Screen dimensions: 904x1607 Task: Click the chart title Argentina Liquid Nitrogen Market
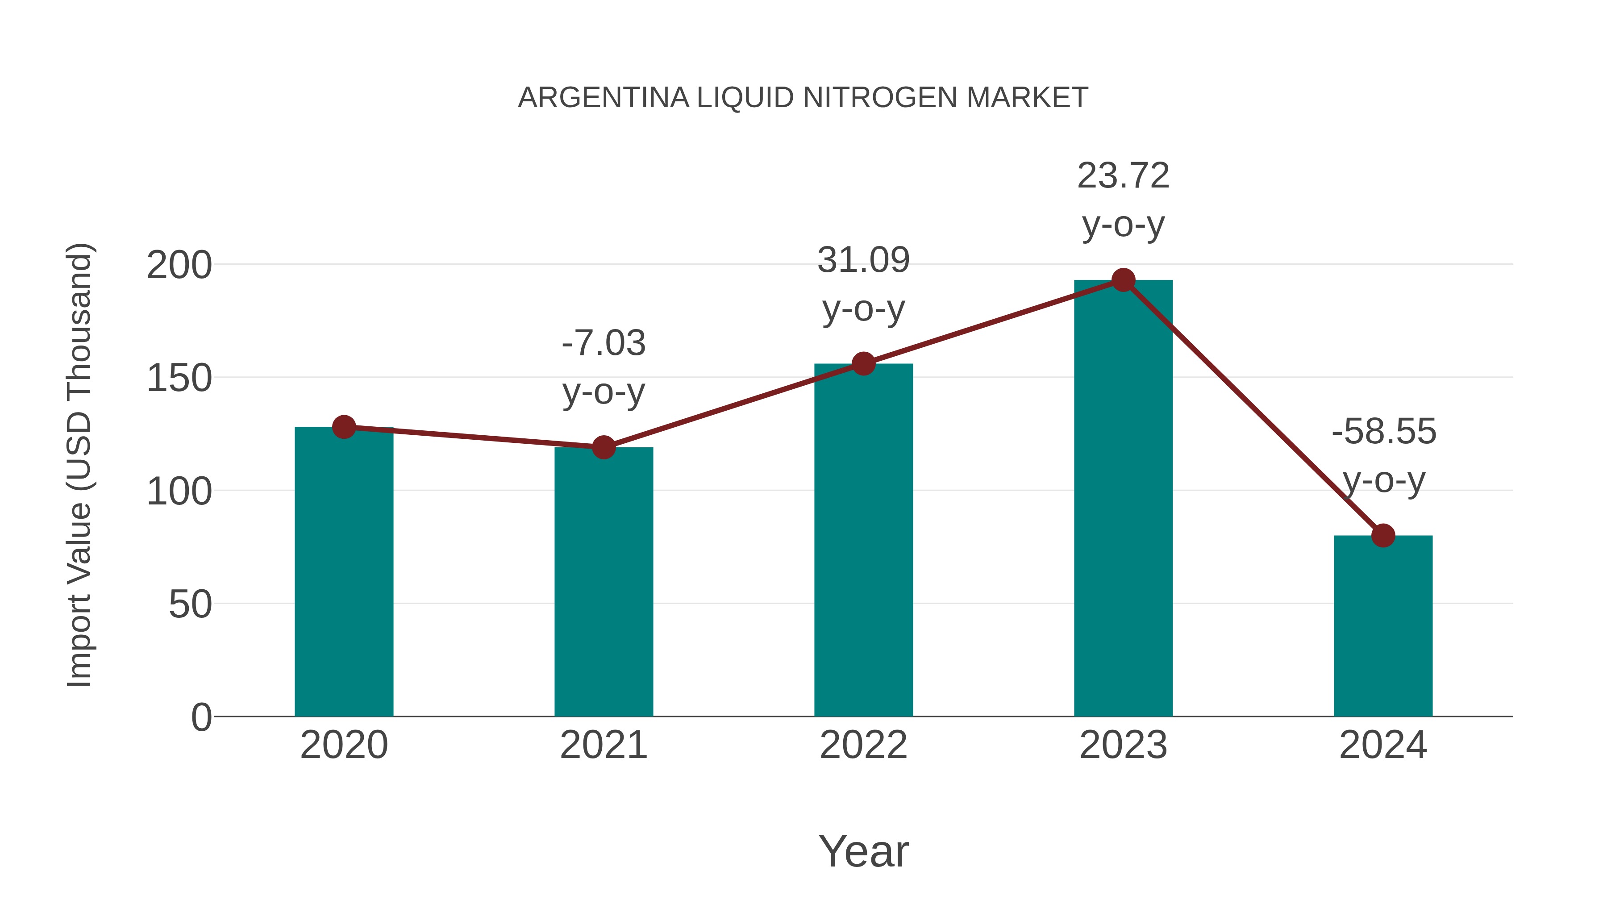803,98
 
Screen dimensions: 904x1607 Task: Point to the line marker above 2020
344,427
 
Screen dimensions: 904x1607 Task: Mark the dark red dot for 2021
603,447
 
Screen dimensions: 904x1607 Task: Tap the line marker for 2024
1383,535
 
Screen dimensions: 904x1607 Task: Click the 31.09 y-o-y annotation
863,284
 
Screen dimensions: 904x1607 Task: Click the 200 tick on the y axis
179,265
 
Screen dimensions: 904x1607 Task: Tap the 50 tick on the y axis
190,604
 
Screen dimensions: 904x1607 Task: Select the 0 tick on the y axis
201,717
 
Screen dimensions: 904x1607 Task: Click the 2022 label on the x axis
863,745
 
